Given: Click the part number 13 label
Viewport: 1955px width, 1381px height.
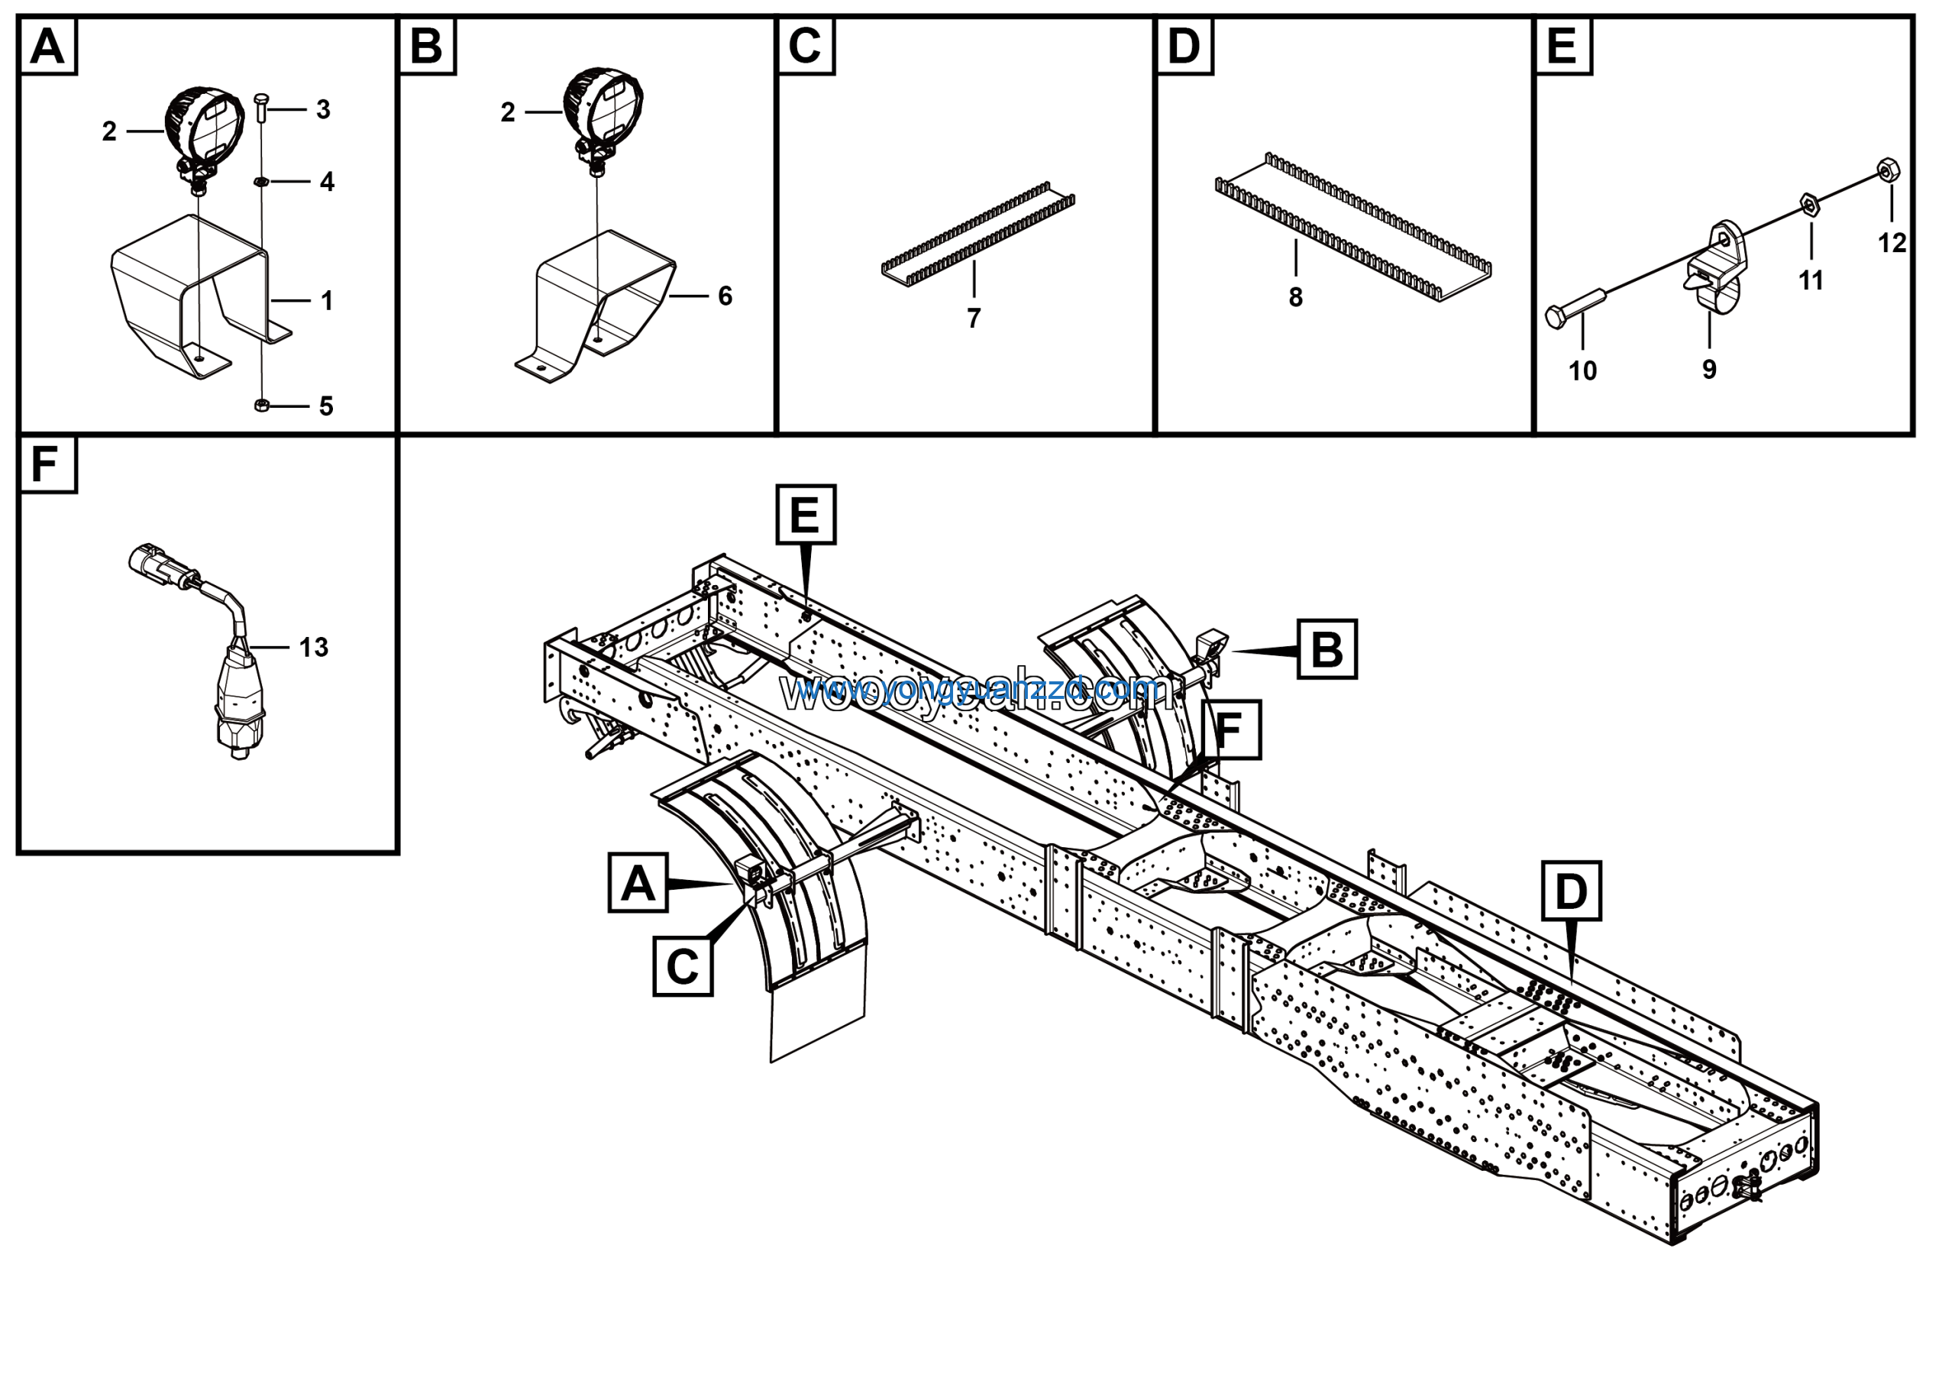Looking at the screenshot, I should click(313, 647).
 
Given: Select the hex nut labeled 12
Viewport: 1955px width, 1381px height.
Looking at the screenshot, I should click(1886, 170).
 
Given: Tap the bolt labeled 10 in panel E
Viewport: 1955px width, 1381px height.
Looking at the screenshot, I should click(1575, 307).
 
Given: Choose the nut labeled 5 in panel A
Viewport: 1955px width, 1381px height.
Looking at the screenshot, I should click(262, 406).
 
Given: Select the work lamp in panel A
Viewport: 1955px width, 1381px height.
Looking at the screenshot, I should click(205, 132).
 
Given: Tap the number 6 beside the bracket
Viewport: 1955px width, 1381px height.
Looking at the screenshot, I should click(725, 296).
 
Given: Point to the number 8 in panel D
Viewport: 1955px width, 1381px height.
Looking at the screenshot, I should click(1295, 297).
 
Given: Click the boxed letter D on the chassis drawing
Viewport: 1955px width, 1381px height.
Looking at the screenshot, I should click(1571, 891).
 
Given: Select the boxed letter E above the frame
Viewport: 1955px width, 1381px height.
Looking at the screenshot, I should click(806, 514).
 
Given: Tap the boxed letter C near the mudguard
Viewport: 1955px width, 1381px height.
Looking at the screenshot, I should click(682, 966).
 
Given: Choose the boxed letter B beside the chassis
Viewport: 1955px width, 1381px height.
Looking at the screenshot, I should click(1326, 649).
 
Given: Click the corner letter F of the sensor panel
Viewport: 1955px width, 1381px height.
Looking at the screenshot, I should click(44, 465).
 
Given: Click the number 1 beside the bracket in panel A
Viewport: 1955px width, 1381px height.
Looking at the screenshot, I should click(326, 300).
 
